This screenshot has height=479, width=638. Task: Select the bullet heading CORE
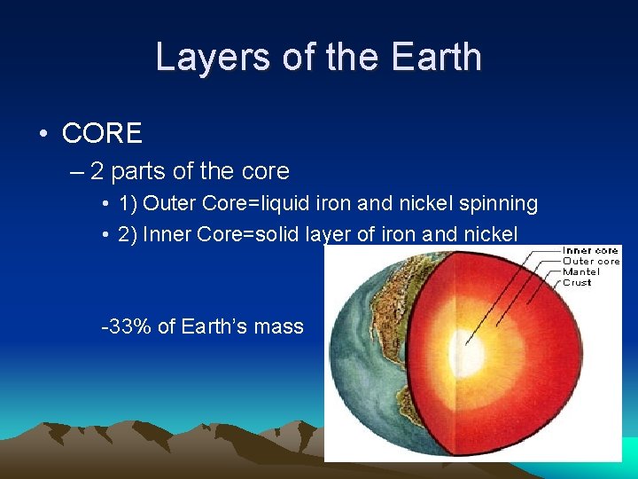point(102,133)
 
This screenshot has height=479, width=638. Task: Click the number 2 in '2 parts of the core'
point(97,170)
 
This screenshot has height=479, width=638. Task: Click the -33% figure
point(127,326)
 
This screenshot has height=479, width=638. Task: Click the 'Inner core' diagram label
point(590,251)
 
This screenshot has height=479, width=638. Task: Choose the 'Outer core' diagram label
point(591,262)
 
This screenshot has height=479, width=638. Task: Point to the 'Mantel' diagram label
point(581,272)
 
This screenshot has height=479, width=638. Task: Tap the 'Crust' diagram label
point(577,283)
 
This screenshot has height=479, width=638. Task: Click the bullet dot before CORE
point(43,134)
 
